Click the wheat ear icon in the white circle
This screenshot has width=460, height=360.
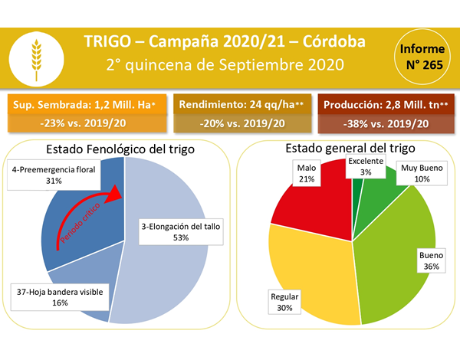36,60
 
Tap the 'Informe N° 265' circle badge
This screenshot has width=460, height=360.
422,57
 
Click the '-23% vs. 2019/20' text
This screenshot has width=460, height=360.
83,123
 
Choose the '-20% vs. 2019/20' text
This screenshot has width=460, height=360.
242,123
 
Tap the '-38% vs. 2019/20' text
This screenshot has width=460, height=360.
386,124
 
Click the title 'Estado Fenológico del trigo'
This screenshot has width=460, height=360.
120,149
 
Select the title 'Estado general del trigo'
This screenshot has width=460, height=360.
350,148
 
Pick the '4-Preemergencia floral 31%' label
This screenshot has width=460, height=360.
54,175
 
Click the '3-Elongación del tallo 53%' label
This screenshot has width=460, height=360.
181,231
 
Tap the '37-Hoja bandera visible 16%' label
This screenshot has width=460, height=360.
60,297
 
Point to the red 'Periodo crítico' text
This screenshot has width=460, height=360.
80,223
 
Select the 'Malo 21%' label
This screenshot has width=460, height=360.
307,173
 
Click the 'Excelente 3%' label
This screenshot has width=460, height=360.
366,166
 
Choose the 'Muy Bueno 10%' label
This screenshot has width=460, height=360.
422,173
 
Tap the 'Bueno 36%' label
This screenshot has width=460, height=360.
431,260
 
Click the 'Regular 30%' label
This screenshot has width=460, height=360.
284,302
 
